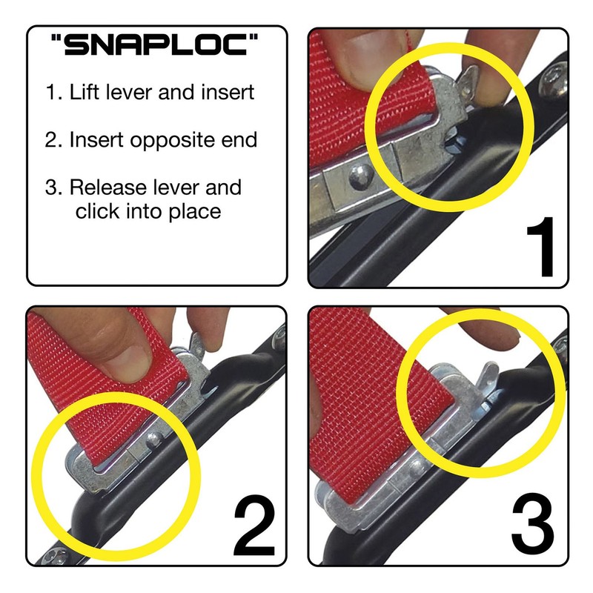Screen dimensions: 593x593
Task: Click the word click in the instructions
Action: [96, 211]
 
